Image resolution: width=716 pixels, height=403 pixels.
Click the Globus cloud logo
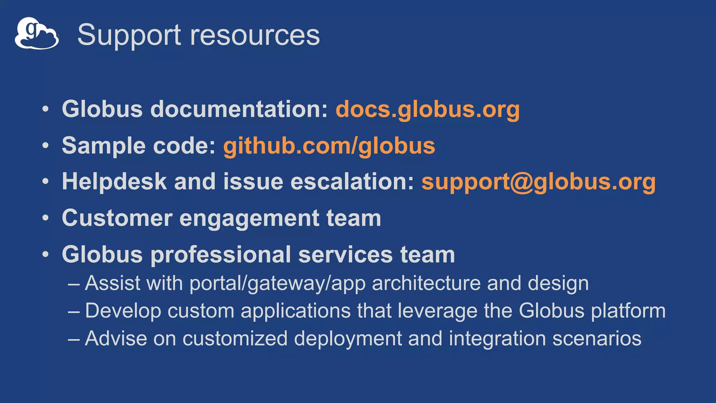tap(37, 34)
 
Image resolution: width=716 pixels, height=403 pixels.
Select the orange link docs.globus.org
tap(428, 109)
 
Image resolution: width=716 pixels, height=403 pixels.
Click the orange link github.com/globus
tap(329, 146)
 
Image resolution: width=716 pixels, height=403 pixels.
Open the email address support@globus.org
tap(538, 182)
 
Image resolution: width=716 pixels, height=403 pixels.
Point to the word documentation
tap(239, 109)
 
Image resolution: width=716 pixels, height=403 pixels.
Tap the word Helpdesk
tap(114, 182)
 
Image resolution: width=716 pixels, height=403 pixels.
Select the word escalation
tap(352, 182)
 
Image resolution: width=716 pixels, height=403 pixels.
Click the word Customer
tap(117, 218)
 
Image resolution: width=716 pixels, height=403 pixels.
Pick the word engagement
tap(249, 218)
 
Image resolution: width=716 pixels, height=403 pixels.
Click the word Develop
tap(123, 311)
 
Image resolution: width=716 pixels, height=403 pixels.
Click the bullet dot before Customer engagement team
tap(45, 218)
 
